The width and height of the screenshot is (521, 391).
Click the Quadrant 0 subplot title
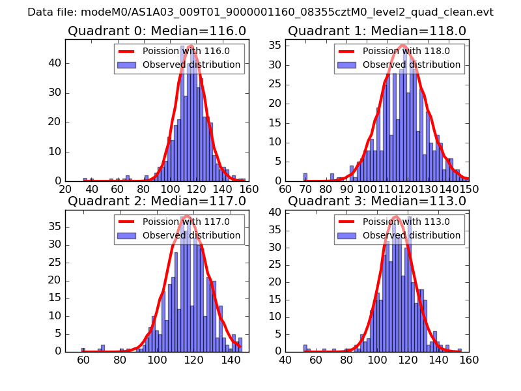[x=157, y=31]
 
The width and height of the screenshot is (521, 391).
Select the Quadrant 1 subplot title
[x=377, y=31]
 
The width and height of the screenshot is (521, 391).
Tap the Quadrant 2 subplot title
[x=157, y=201]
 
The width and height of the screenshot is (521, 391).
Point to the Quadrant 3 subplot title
[x=377, y=201]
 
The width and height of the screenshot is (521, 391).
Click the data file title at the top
[x=260, y=12]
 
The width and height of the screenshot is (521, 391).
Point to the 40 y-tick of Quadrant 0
[x=57, y=63]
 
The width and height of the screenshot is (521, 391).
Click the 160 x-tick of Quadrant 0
[x=249, y=189]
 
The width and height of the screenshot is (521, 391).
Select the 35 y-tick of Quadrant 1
[x=277, y=45]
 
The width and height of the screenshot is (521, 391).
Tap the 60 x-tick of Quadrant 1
[x=285, y=189]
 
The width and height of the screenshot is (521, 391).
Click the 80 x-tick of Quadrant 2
[x=120, y=359]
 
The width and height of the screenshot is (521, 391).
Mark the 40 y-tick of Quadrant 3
[x=277, y=212]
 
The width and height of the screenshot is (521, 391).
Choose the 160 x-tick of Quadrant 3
[x=469, y=359]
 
